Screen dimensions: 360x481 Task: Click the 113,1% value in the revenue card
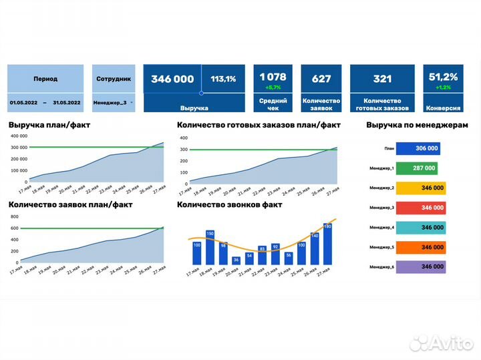[223, 79]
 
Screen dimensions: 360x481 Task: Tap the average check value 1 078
[273, 77]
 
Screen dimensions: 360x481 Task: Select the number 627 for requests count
[321, 79]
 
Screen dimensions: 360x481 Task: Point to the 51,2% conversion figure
[442, 77]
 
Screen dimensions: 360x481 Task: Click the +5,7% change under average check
[273, 87]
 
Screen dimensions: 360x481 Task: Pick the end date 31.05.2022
[64, 102]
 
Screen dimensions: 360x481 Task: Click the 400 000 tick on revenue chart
[19, 136]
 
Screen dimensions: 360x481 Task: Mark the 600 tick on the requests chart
[14, 228]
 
